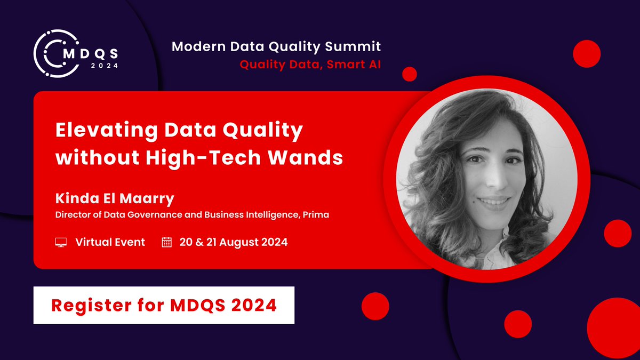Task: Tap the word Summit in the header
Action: click(355, 47)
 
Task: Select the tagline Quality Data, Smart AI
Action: click(310, 65)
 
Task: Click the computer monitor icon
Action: click(61, 243)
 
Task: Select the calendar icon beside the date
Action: click(167, 243)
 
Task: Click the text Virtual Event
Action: click(110, 242)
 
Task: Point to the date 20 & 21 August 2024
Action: click(234, 242)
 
